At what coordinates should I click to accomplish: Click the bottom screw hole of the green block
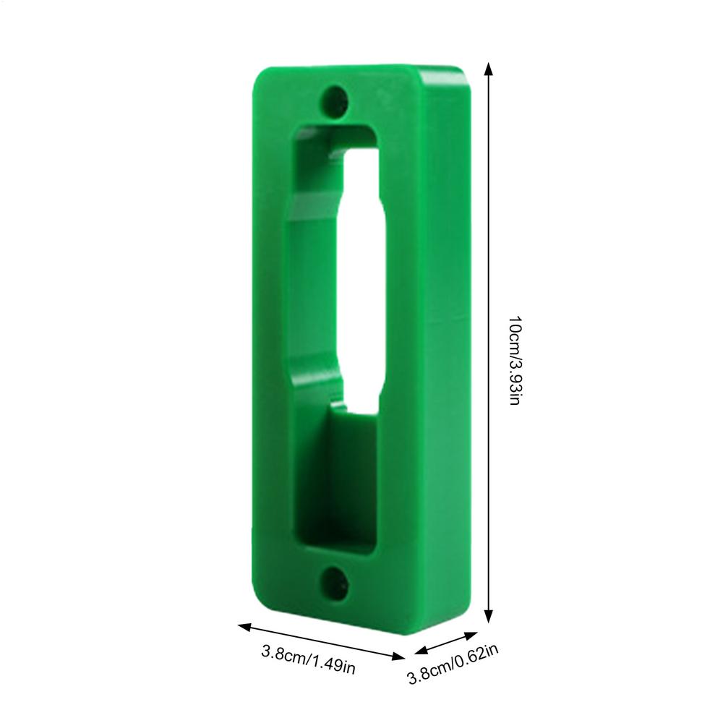click(x=334, y=583)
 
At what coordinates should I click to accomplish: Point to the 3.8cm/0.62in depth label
click(x=453, y=664)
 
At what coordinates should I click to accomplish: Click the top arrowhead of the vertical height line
click(x=489, y=69)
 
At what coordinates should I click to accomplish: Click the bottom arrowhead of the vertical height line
click(x=489, y=615)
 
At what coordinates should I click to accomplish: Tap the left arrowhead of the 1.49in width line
click(x=244, y=627)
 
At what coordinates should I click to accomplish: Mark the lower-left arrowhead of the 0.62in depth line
click(x=421, y=650)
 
